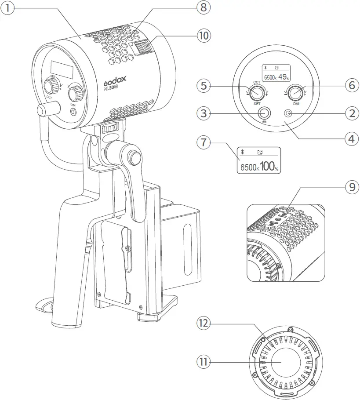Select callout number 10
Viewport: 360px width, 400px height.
203,35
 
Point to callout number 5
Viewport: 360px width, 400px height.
204,86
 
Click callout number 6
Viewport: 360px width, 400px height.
351,86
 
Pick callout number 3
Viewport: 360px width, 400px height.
204,113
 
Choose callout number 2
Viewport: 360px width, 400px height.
351,113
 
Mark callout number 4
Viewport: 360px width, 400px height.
351,139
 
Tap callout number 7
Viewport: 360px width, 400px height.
204,144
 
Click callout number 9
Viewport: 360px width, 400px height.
351,187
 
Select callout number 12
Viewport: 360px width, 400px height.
204,324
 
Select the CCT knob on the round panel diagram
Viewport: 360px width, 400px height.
255,92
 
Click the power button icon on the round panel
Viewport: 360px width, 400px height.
288,113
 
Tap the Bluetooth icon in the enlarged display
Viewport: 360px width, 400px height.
242,152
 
